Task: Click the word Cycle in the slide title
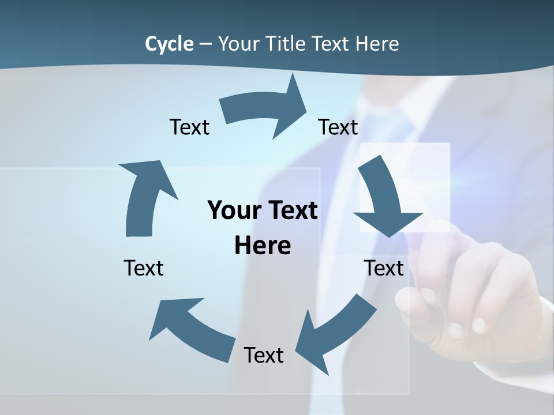(x=169, y=44)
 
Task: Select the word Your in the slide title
(x=239, y=44)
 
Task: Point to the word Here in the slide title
(x=377, y=44)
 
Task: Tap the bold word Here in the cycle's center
(x=263, y=246)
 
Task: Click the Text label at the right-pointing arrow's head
(x=338, y=127)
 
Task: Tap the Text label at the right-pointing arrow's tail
(x=189, y=127)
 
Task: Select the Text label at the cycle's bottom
(x=264, y=355)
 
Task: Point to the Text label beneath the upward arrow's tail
(x=144, y=268)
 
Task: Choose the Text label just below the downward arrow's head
(x=384, y=268)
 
